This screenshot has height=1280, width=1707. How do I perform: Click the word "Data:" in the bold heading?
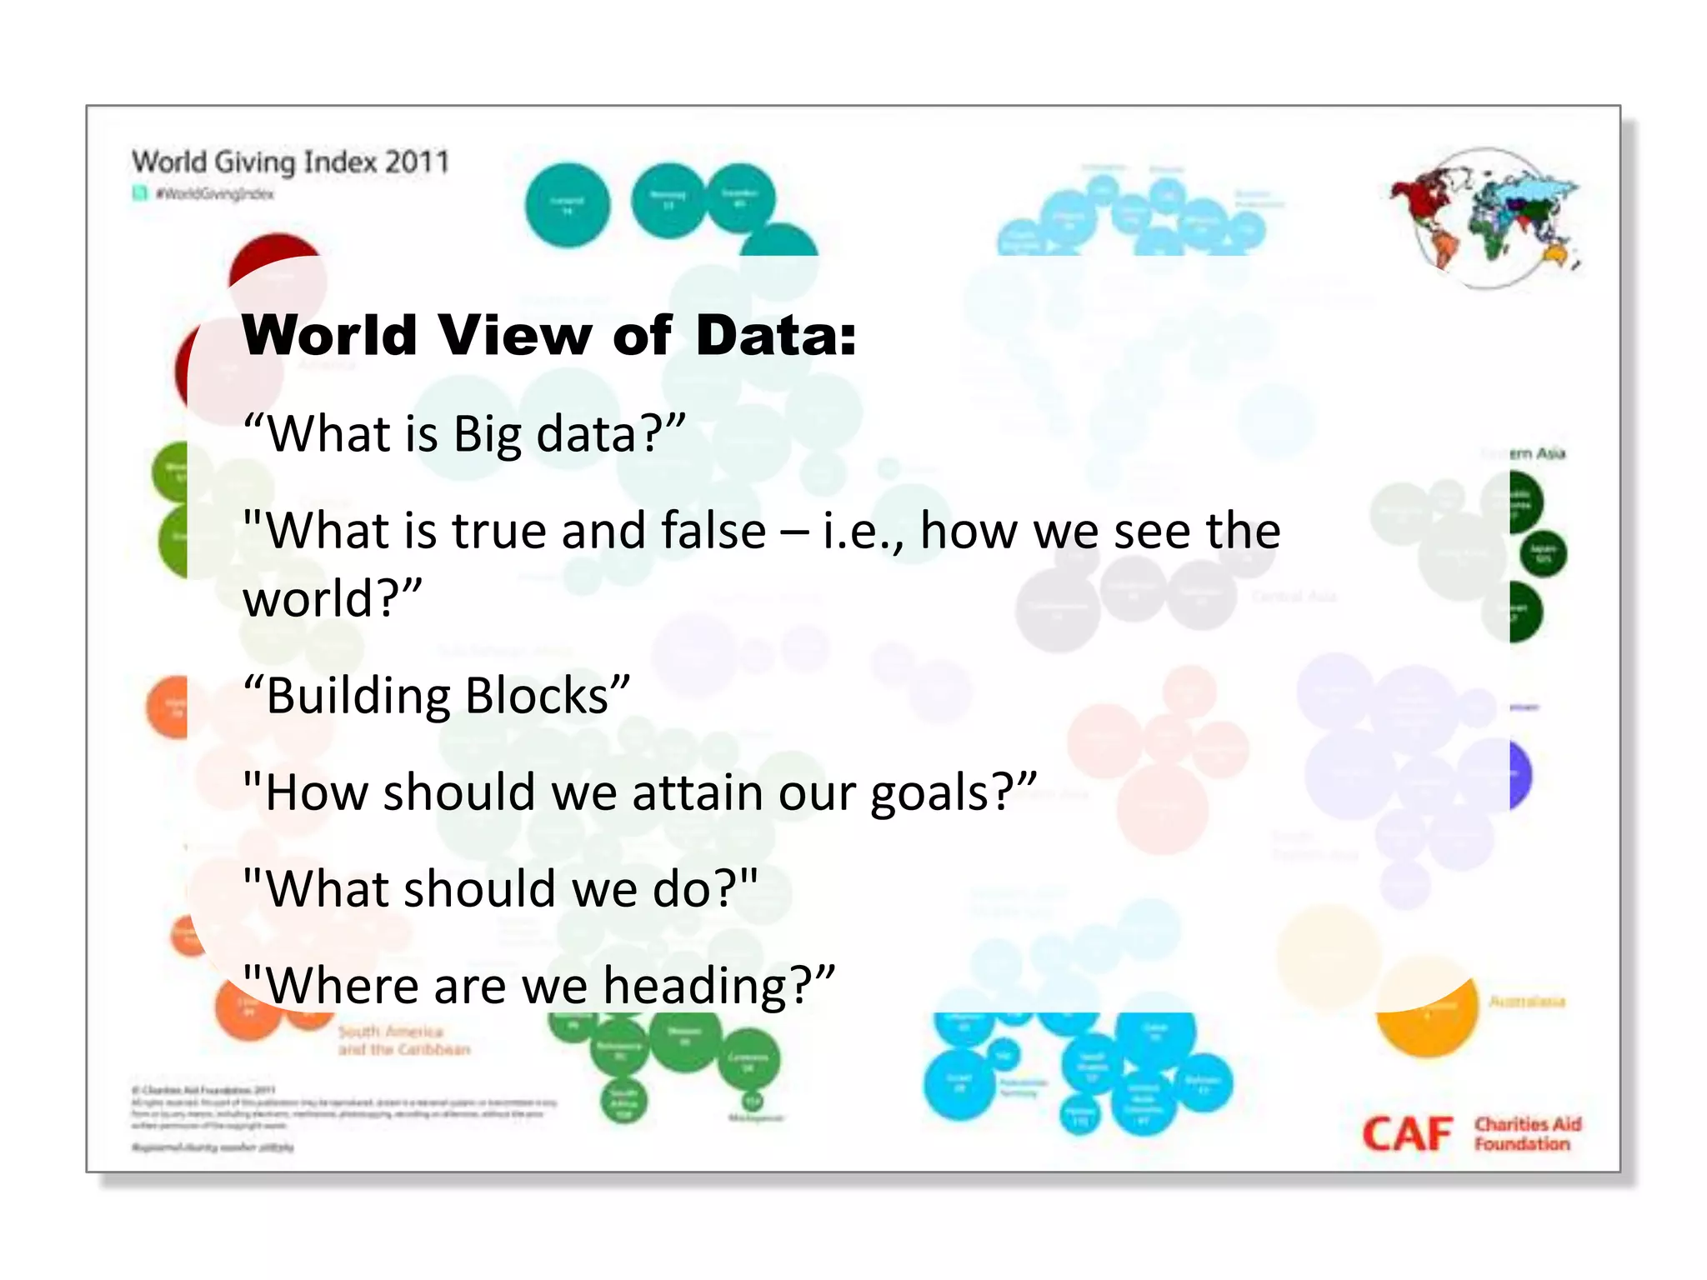click(x=775, y=335)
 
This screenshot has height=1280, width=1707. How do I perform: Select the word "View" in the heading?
click(x=514, y=335)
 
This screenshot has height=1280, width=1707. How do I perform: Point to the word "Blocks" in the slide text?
click(x=537, y=696)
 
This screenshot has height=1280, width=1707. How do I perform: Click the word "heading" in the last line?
click(x=695, y=986)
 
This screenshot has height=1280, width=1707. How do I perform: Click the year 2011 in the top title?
click(x=417, y=161)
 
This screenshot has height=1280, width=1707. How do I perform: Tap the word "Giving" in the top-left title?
click(x=254, y=162)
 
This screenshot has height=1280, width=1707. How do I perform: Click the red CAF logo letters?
click(x=1407, y=1135)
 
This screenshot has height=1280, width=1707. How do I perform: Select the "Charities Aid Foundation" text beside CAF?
click(x=1527, y=1134)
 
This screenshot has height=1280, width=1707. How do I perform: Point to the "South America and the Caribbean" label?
click(x=403, y=1041)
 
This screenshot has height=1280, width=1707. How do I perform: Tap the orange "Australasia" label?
click(x=1527, y=1002)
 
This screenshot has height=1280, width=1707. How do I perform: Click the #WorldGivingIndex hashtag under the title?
click(x=214, y=194)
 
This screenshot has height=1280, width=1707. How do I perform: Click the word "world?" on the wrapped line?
click(x=333, y=598)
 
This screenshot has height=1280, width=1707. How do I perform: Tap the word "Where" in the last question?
click(x=343, y=986)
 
